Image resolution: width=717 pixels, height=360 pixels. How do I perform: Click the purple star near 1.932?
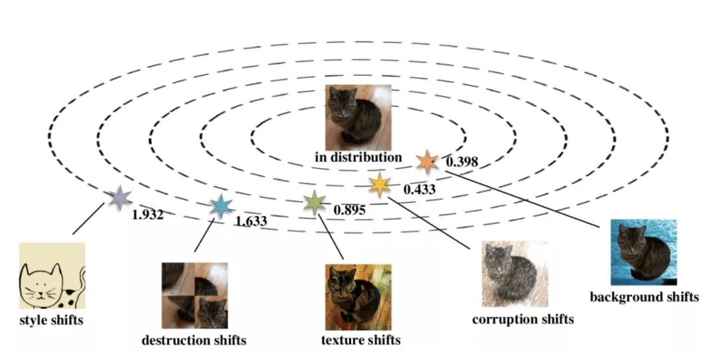pos(119,197)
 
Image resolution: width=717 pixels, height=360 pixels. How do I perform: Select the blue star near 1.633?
pos(220,207)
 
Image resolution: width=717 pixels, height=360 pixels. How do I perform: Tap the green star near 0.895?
pos(314,202)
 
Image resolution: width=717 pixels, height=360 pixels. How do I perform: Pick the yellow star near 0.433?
pos(379,184)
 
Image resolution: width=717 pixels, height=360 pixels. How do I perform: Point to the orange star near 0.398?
pos(427,161)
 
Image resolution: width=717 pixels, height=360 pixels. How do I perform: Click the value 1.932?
pos(147,215)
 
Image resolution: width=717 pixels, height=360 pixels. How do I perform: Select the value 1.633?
pos(252,221)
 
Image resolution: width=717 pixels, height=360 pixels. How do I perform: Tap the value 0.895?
pos(349,210)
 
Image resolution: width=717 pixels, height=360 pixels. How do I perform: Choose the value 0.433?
pos(420,189)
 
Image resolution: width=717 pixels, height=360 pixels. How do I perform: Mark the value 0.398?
pos(461,162)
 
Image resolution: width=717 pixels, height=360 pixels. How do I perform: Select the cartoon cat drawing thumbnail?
pos(52,276)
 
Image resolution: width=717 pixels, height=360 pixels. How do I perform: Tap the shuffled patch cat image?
pos(195,296)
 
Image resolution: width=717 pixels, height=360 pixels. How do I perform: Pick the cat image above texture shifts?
pos(358,297)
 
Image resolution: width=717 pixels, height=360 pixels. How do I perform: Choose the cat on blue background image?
pos(644,252)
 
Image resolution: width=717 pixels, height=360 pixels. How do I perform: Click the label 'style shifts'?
pos(52,321)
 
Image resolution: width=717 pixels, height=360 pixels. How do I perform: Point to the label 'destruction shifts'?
pos(194,340)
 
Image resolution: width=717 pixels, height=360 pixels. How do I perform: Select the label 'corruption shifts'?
pos(522,319)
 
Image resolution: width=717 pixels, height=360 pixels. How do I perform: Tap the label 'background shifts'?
pos(644,297)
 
